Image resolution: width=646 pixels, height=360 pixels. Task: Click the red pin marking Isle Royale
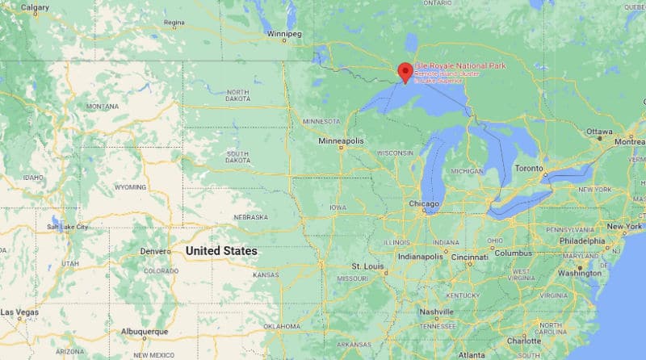point(405,71)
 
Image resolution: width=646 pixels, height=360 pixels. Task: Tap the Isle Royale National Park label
point(460,65)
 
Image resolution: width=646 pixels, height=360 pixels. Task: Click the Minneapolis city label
point(341,140)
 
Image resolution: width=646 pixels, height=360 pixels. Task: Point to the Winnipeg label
point(284,34)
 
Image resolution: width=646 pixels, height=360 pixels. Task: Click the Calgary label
point(34,7)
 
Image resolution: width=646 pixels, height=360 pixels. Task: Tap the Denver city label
point(155,251)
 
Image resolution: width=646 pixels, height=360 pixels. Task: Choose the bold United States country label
point(221,251)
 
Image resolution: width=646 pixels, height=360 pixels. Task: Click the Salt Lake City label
point(68,228)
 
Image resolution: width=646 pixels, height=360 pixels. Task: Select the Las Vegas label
point(19,312)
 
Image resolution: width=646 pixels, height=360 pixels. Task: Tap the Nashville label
point(437,312)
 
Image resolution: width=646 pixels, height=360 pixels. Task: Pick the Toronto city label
point(530,168)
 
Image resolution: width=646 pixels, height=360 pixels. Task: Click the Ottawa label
point(600,131)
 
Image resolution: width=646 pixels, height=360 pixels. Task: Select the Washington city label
point(580,273)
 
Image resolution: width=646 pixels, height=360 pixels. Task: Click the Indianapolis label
point(419,257)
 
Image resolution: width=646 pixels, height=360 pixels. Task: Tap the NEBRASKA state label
point(250,217)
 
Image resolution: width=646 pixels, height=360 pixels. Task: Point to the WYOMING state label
point(130,186)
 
